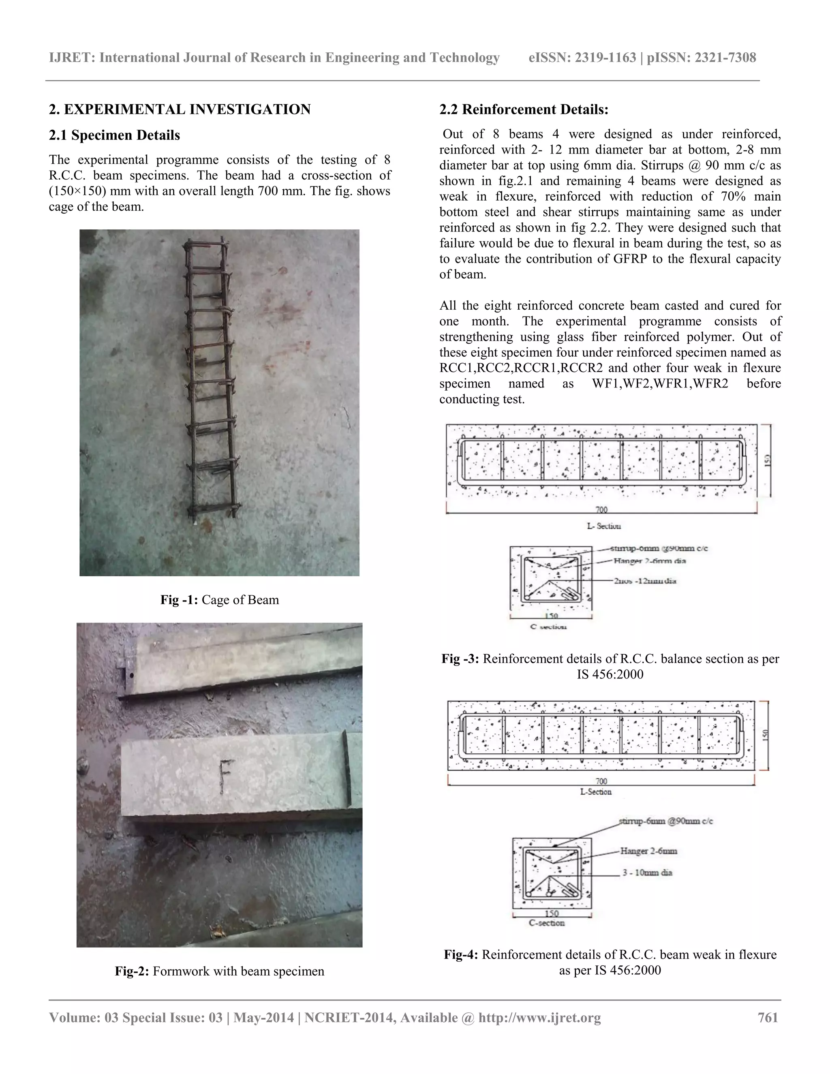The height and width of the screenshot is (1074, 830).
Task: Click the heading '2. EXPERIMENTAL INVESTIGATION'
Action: [x=180, y=109]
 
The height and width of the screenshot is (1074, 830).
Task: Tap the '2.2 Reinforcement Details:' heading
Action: [x=524, y=109]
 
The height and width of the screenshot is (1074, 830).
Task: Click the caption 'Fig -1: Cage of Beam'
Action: [x=219, y=600]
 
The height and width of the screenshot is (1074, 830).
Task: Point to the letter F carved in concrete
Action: [x=225, y=777]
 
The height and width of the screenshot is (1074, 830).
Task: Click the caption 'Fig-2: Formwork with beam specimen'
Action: [x=219, y=971]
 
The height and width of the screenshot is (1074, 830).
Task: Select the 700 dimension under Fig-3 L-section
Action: [x=601, y=510]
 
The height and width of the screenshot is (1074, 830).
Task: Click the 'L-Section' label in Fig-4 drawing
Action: [x=595, y=792]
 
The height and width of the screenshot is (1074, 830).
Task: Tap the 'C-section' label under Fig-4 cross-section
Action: [x=546, y=923]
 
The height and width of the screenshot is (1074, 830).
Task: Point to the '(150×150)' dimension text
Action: [x=73, y=191]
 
